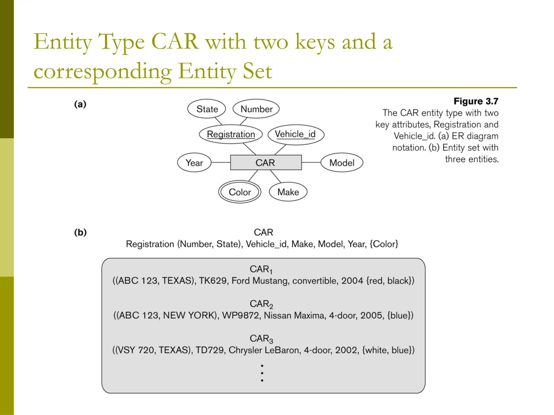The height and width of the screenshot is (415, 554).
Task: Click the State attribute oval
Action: point(207,109)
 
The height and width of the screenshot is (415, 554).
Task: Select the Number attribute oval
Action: point(256,109)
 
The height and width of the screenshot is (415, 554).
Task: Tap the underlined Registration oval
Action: point(231,134)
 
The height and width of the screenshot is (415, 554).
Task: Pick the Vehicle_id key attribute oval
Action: point(296,134)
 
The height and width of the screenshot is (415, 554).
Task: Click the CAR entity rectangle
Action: point(266,162)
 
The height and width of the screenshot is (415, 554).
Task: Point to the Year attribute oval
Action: point(194,163)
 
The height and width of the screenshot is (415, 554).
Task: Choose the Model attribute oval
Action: point(342,163)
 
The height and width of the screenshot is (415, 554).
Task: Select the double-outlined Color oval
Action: point(240,192)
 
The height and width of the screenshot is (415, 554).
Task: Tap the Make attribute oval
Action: point(288,192)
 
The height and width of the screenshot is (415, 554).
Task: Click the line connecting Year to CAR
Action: point(221,162)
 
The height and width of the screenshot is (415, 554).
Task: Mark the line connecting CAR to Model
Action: point(311,162)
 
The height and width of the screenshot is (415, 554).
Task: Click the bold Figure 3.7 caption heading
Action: point(476,101)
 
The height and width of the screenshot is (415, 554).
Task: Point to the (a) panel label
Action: point(80,104)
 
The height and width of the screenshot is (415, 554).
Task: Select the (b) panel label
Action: point(80,232)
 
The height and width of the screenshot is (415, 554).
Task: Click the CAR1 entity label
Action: point(261,269)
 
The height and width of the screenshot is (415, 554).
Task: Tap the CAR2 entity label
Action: point(261,304)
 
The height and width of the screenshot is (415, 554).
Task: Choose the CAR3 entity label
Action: point(261,339)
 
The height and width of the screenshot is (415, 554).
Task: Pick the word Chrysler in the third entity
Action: point(245,350)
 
